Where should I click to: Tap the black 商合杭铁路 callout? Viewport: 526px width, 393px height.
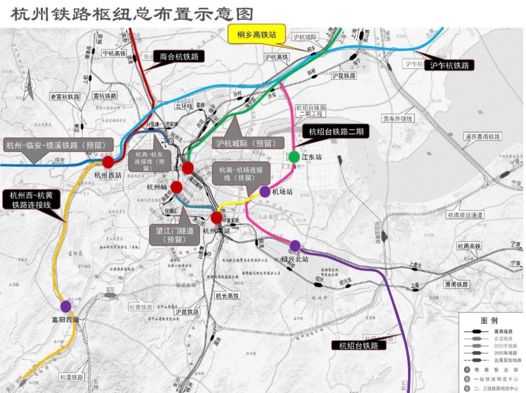tap(179, 56)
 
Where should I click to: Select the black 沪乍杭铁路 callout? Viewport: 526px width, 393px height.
tap(449, 65)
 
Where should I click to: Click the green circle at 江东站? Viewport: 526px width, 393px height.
tap(294, 157)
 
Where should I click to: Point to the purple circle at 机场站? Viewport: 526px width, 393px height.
tap(265, 191)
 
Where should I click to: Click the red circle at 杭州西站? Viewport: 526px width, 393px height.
tap(108, 162)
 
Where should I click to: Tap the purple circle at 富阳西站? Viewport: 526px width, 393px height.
tap(66, 306)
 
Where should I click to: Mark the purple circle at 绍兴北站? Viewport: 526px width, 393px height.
tap(295, 246)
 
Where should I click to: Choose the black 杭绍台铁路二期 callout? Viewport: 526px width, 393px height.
tap(336, 131)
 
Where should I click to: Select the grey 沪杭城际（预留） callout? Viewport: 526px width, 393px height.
tap(249, 143)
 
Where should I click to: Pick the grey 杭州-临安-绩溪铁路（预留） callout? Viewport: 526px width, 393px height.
tap(58, 145)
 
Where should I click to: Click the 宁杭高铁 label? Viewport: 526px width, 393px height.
tap(113, 54)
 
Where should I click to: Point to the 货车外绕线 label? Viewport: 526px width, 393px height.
tap(398, 118)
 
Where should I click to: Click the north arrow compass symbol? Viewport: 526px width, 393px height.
tap(29, 83)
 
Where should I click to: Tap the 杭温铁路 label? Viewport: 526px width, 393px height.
tap(71, 377)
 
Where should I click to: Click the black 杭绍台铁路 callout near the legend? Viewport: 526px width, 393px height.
tap(358, 345)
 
